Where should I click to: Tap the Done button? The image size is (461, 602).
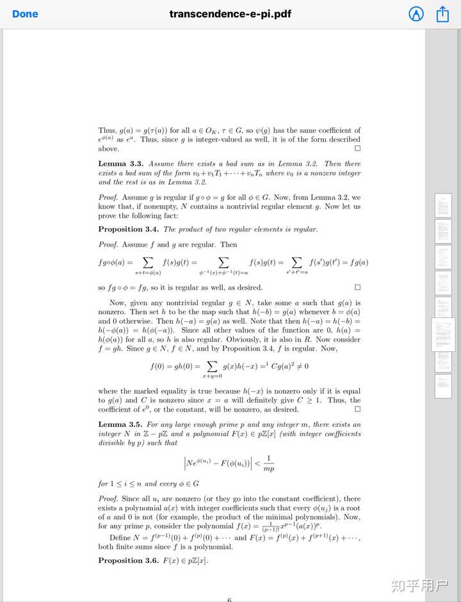tap(25, 14)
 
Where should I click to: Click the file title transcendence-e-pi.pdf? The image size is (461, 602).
tap(230, 14)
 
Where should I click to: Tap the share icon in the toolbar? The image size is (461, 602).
tap(442, 14)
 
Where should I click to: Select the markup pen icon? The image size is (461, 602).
tap(416, 14)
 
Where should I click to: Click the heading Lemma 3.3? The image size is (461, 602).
tap(121, 164)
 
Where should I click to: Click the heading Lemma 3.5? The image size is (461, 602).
tap(121, 424)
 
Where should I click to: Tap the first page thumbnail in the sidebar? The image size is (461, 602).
tap(443, 205)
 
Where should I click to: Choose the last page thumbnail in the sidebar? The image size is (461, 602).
tap(443, 386)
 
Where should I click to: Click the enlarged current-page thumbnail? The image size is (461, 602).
tap(443, 334)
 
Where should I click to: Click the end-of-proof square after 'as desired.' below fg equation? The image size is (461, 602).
tap(357, 287)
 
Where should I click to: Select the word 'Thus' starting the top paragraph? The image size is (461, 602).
tap(107, 130)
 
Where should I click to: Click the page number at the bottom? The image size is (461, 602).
tap(229, 599)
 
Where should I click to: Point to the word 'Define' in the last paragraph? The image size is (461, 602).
tap(120, 537)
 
